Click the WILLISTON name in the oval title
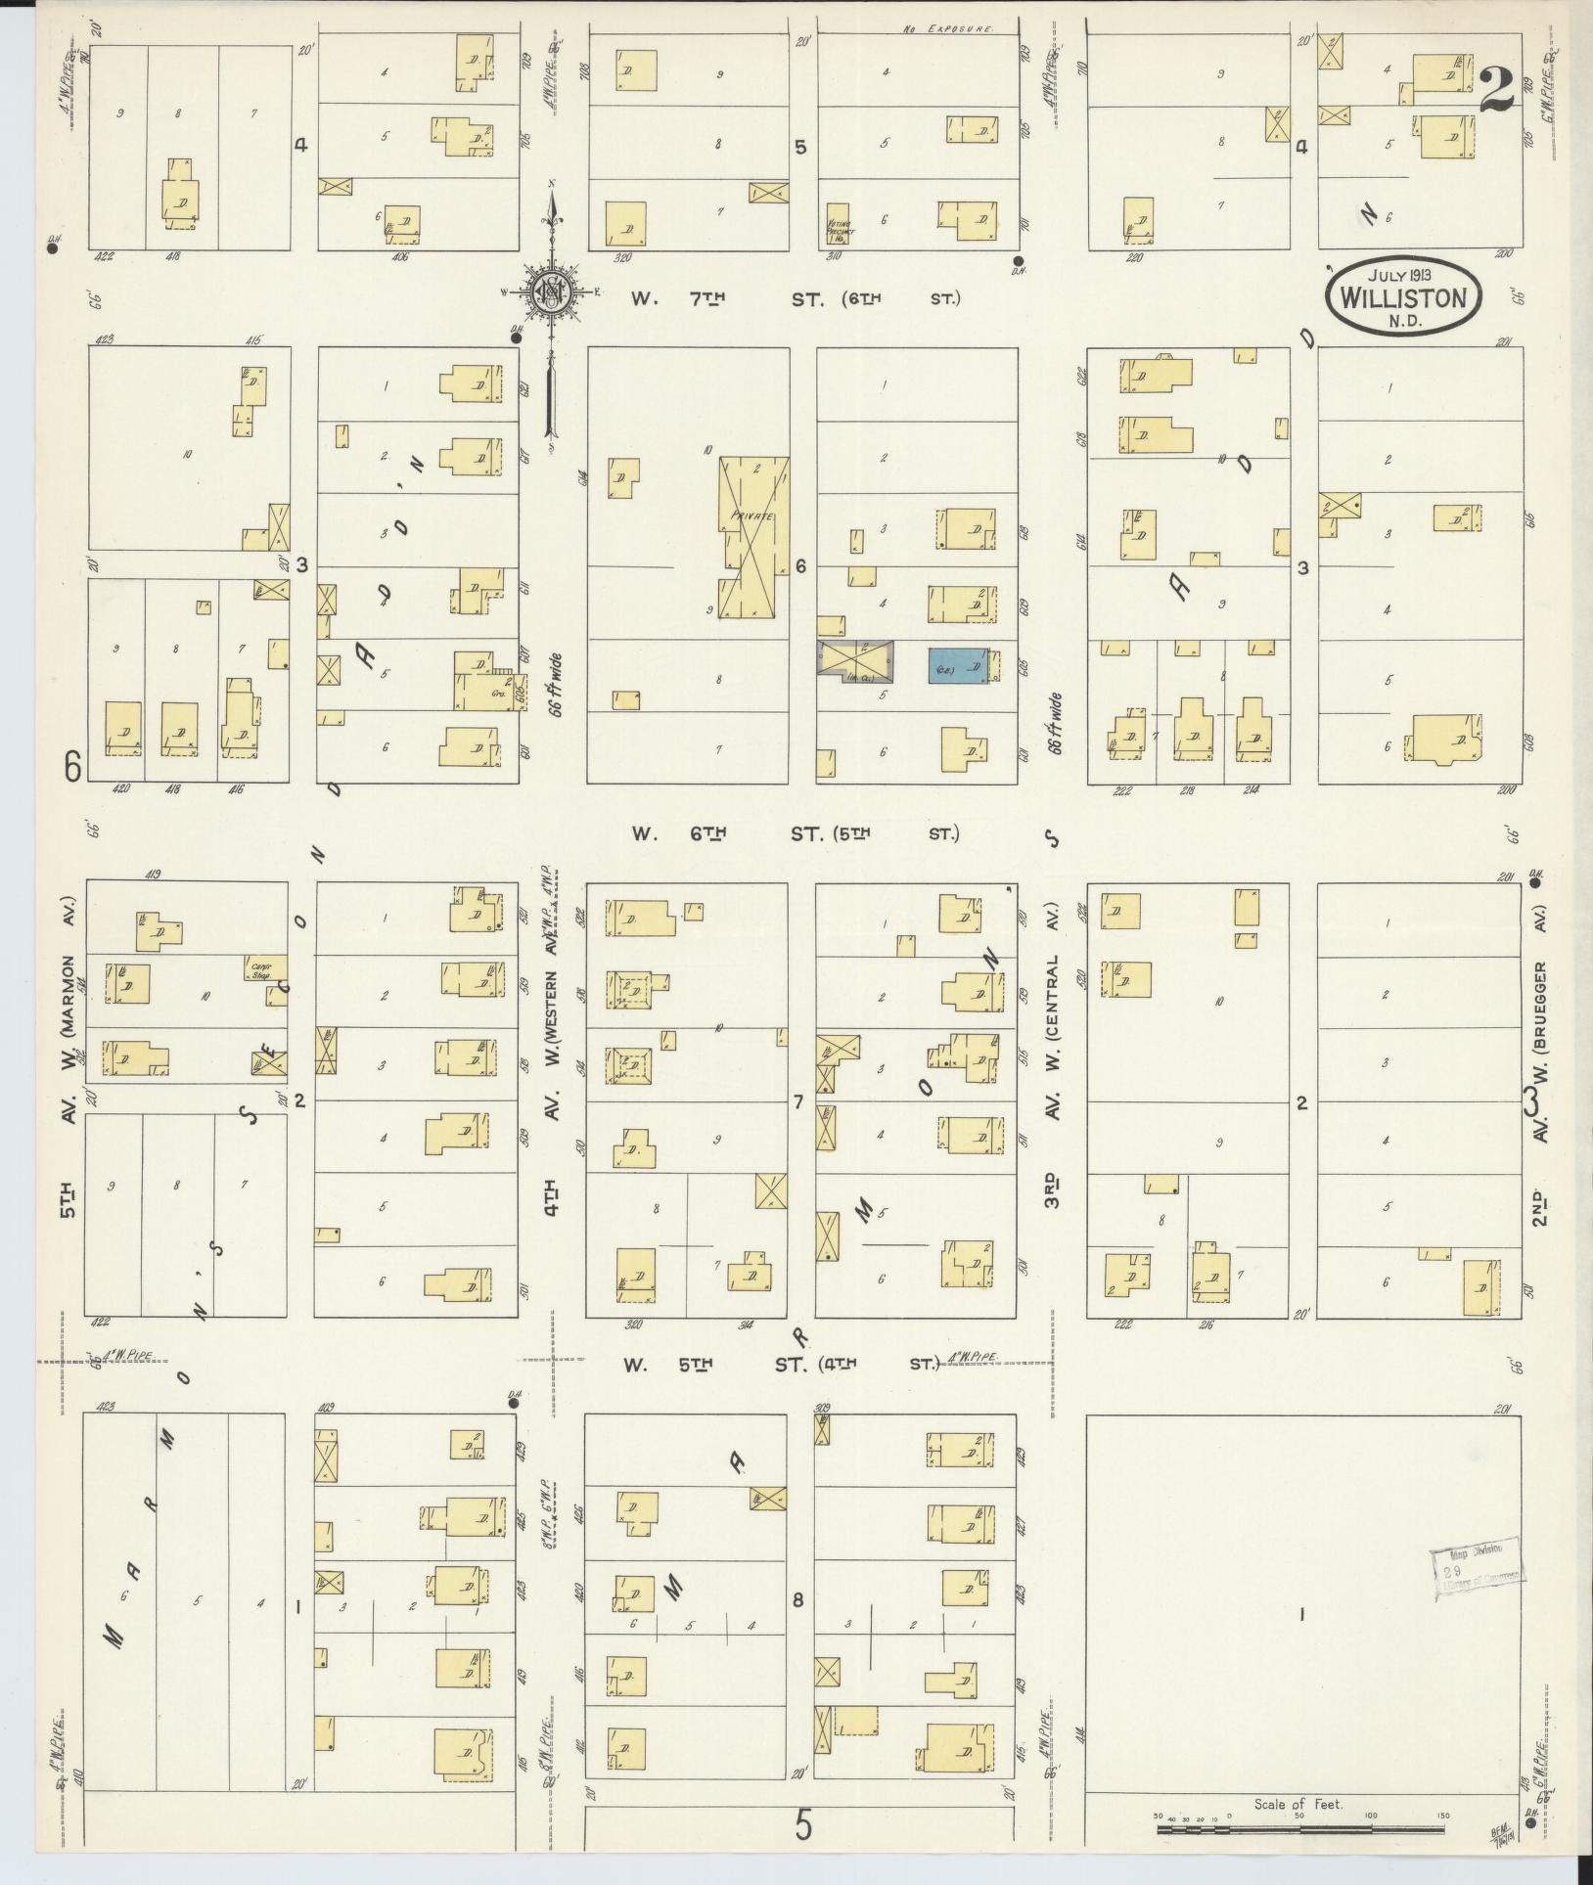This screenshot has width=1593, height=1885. tap(1404, 296)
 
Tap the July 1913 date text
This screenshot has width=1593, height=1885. tap(1403, 275)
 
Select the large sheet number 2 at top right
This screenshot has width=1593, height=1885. tap(1496, 91)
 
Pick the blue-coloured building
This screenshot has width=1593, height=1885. tap(957, 665)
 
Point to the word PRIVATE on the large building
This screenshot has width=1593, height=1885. tap(751, 516)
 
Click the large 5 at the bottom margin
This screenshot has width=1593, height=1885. tap(803, 1824)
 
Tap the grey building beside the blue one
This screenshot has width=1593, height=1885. tap(854, 660)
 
